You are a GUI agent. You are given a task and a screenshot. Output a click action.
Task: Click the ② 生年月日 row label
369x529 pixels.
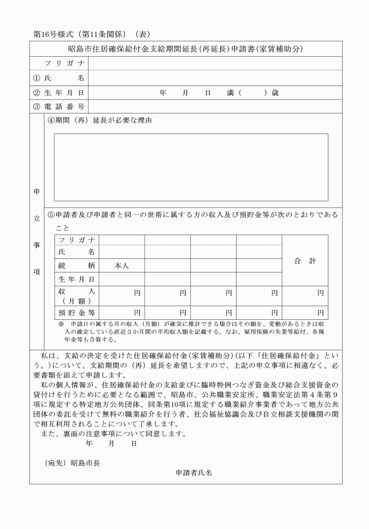[59, 93]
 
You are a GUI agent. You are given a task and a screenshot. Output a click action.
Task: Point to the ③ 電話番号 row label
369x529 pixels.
[59, 107]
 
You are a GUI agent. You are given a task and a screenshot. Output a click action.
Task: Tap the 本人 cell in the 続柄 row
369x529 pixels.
[121, 265]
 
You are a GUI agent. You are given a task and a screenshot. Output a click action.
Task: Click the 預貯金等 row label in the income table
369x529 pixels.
[76, 313]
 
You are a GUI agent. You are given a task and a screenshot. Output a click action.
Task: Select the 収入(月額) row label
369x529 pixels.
[76, 296]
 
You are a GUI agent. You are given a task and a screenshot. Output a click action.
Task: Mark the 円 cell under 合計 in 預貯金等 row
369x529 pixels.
[305, 313]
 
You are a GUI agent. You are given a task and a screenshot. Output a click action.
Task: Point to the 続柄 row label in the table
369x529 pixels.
[76, 265]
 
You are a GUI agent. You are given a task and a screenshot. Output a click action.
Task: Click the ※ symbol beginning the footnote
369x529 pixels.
[60, 324]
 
